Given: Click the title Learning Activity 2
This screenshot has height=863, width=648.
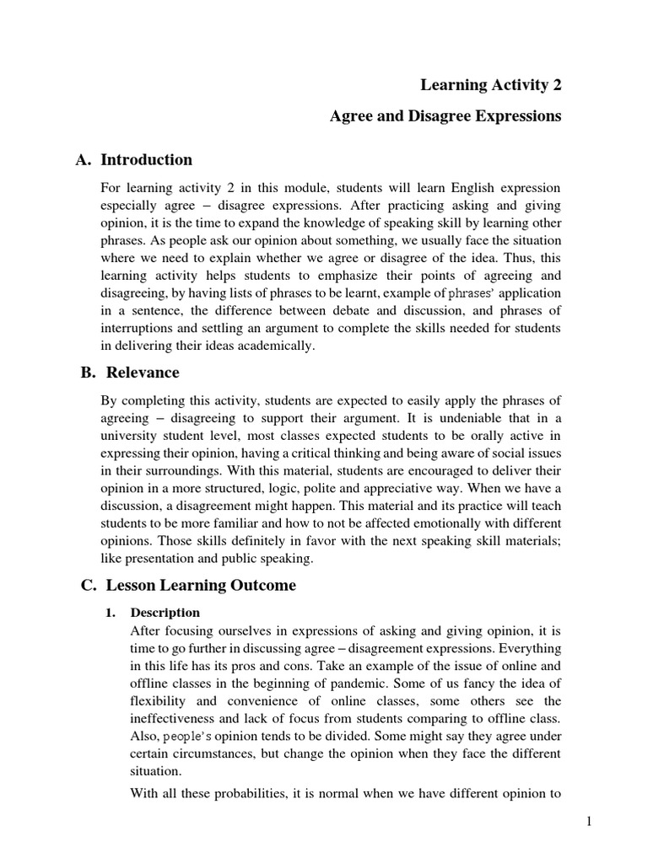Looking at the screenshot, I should tap(490, 85).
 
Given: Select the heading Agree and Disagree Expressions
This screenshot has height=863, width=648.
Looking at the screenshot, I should tap(445, 117).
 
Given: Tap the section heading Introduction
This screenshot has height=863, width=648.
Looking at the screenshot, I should tap(146, 160).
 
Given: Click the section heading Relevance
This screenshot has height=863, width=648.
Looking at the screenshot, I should tap(143, 373).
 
